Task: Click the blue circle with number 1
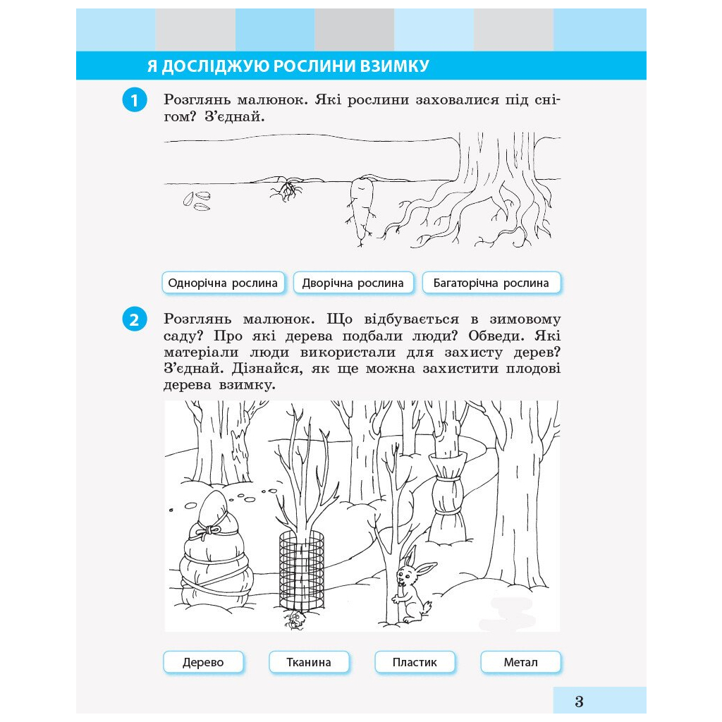coord(135,100)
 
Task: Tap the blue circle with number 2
coord(135,319)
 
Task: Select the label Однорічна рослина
coord(224,283)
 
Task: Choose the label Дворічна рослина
coord(353,283)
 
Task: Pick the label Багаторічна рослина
coord(491,283)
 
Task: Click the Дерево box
coord(203,662)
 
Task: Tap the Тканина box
coord(309,662)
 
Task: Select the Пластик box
coord(415,662)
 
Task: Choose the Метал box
coord(521,662)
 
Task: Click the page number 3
coord(580,702)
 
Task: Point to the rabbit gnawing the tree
coord(412,585)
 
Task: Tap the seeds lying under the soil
coord(197,201)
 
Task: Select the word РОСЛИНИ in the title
coord(314,66)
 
